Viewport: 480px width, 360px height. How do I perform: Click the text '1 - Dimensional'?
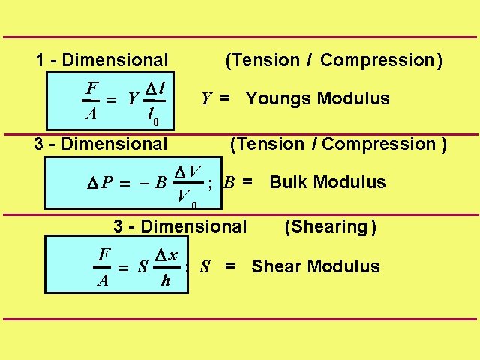click(103, 60)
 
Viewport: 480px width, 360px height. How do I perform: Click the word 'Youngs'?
click(278, 98)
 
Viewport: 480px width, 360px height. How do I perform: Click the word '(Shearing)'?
click(331, 226)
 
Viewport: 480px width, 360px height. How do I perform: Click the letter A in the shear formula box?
click(103, 281)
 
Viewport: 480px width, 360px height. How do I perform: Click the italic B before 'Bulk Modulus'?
click(229, 182)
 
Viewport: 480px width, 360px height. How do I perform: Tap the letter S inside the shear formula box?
click(142, 267)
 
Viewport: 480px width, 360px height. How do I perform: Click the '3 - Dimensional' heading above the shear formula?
click(179, 226)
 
